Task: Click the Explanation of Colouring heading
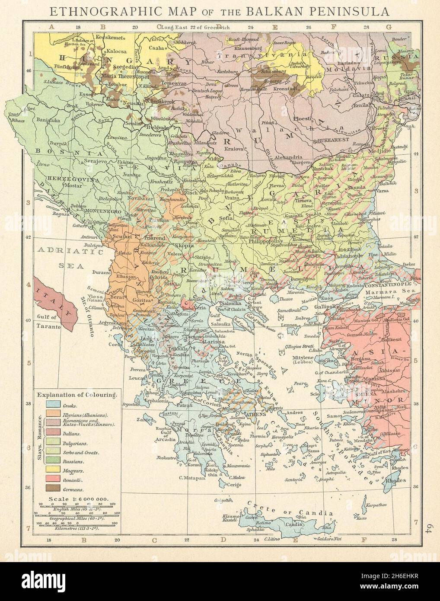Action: coord(77,395)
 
